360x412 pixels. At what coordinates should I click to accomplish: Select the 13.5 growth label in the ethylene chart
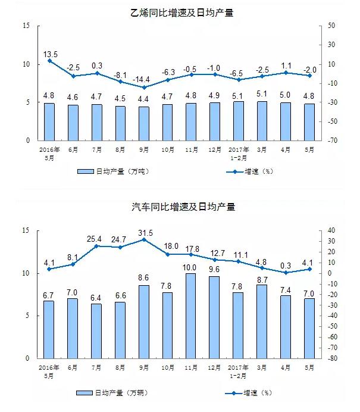(51, 54)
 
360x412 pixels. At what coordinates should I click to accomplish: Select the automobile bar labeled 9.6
(215, 317)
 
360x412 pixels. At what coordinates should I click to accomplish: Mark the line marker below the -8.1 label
(121, 82)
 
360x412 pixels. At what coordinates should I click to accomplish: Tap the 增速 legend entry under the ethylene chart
(251, 171)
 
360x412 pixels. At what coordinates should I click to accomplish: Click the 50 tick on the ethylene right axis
(331, 26)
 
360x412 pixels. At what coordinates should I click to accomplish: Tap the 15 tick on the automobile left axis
(24, 230)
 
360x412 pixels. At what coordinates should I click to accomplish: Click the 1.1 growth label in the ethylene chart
(286, 65)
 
